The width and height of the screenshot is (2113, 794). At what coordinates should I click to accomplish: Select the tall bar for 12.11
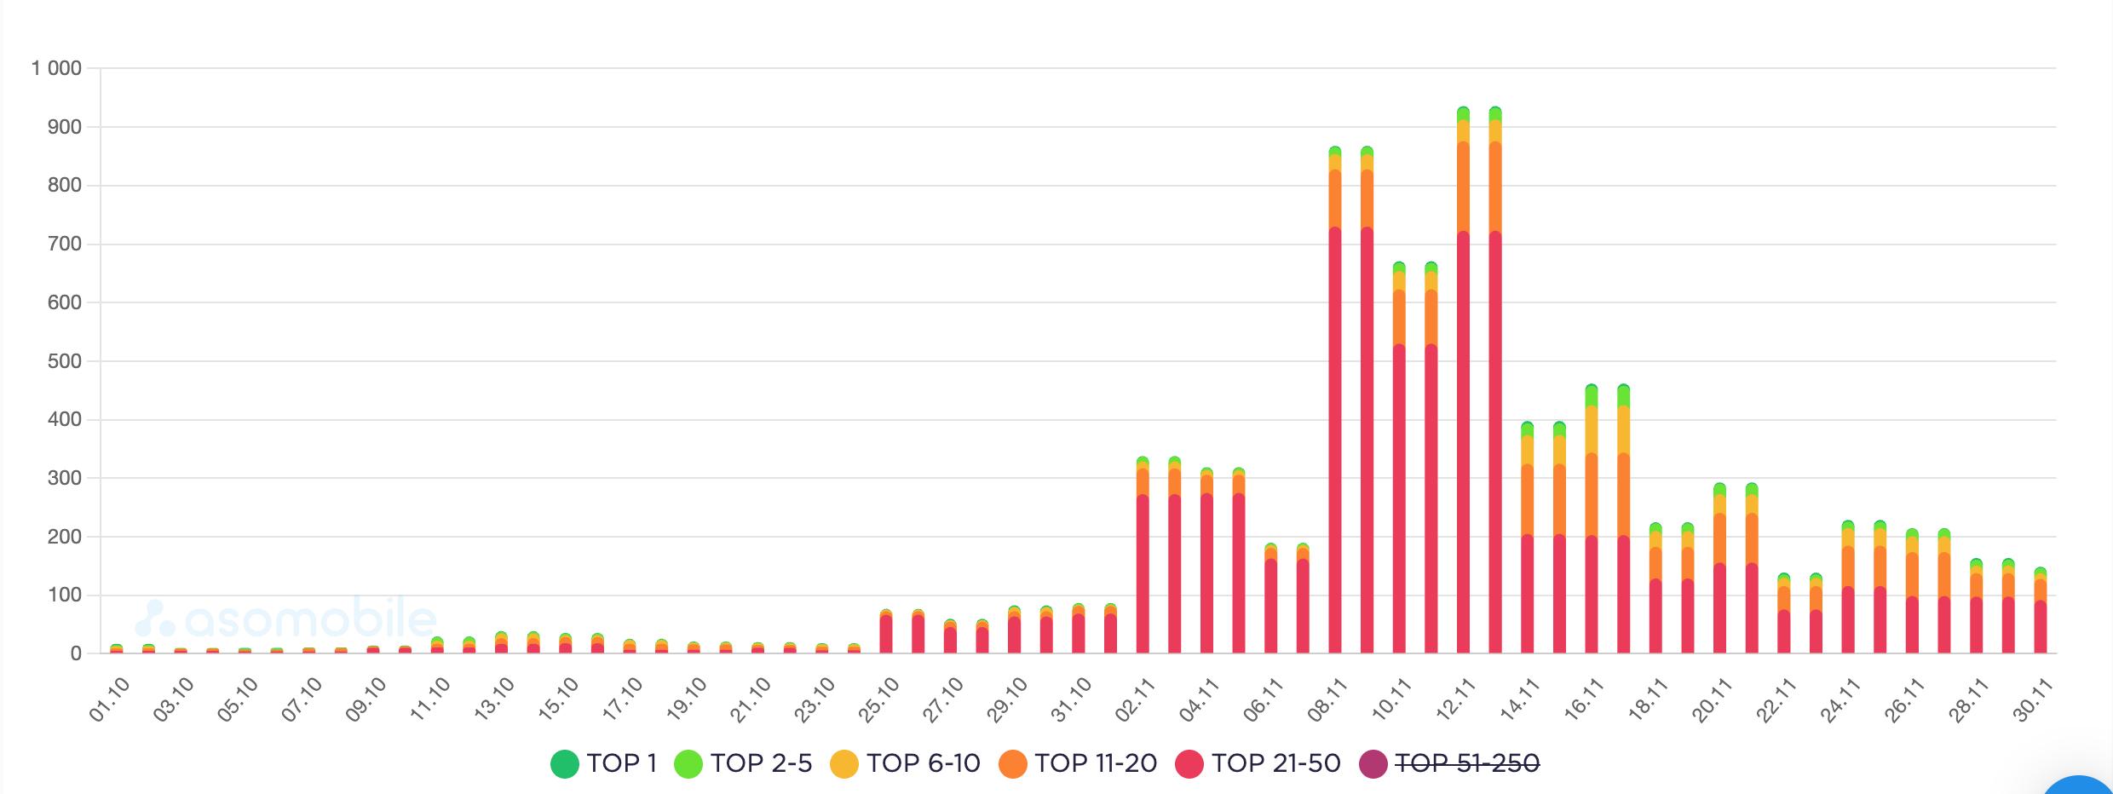click(x=1463, y=383)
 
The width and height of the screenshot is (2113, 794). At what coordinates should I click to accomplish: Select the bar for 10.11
click(x=1399, y=460)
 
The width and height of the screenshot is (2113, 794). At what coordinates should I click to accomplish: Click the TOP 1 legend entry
click(x=604, y=763)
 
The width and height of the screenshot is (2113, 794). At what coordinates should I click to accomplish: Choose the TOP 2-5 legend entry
click(x=743, y=763)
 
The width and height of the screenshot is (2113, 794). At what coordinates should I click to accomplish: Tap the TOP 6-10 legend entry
click(x=906, y=763)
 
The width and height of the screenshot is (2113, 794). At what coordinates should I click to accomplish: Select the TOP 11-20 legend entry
click(x=1079, y=763)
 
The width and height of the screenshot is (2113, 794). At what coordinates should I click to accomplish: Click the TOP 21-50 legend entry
click(x=1258, y=763)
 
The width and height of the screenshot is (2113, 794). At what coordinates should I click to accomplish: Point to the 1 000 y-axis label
click(x=56, y=68)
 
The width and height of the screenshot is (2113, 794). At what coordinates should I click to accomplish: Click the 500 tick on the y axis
click(x=65, y=361)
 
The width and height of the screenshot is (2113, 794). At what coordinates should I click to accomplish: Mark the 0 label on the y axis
click(x=77, y=654)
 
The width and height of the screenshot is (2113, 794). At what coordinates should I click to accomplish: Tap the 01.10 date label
click(x=109, y=700)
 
